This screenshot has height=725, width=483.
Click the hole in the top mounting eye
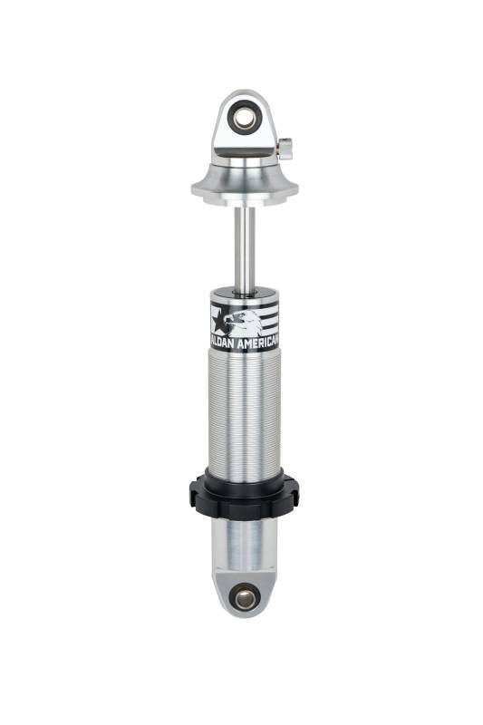click(x=244, y=120)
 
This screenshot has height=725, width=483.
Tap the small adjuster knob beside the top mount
click(x=285, y=150)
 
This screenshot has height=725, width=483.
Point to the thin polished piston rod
click(x=245, y=250)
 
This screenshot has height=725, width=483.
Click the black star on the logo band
click(x=220, y=319)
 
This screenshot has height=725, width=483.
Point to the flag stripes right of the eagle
click(x=270, y=315)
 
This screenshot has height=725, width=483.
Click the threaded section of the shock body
click(x=245, y=411)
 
